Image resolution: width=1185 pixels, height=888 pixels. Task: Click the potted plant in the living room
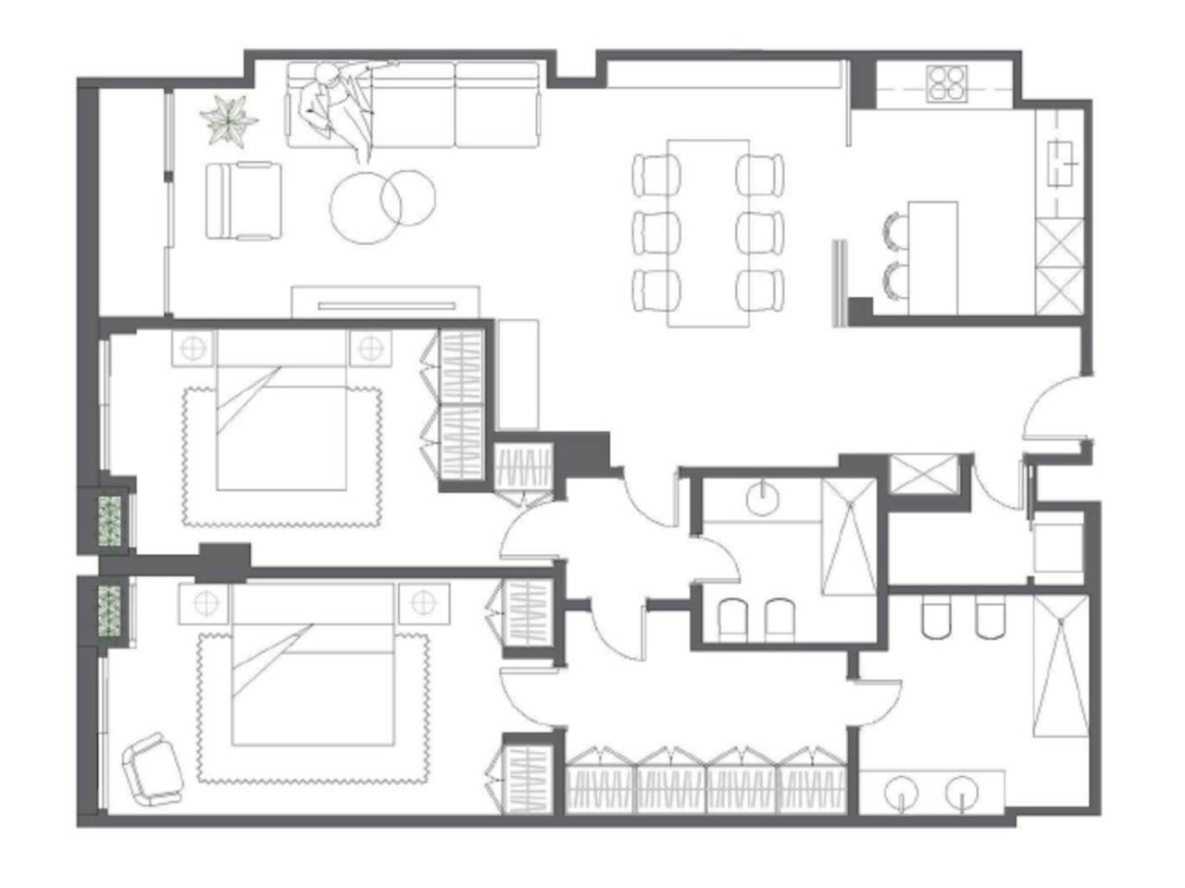pyautogui.click(x=229, y=119)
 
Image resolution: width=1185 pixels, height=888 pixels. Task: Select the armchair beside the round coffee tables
pyautogui.click(x=243, y=200)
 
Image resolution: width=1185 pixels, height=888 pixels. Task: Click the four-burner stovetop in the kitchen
pyautogui.click(x=947, y=82)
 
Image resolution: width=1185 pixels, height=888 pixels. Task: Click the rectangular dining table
pyautogui.click(x=708, y=232)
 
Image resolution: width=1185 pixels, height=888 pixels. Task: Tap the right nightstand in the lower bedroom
pyautogui.click(x=423, y=602)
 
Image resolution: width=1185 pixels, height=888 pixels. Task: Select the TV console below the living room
pyautogui.click(x=386, y=302)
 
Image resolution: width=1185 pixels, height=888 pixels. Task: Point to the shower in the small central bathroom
pyautogui.click(x=849, y=537)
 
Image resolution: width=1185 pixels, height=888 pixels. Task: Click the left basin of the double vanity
pyautogui.click(x=898, y=792)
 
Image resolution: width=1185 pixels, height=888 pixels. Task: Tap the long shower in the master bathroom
pyautogui.click(x=1061, y=665)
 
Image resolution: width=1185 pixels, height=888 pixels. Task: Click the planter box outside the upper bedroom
pyautogui.click(x=111, y=522)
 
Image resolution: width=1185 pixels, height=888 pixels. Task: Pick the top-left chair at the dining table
pyautogui.click(x=656, y=174)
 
